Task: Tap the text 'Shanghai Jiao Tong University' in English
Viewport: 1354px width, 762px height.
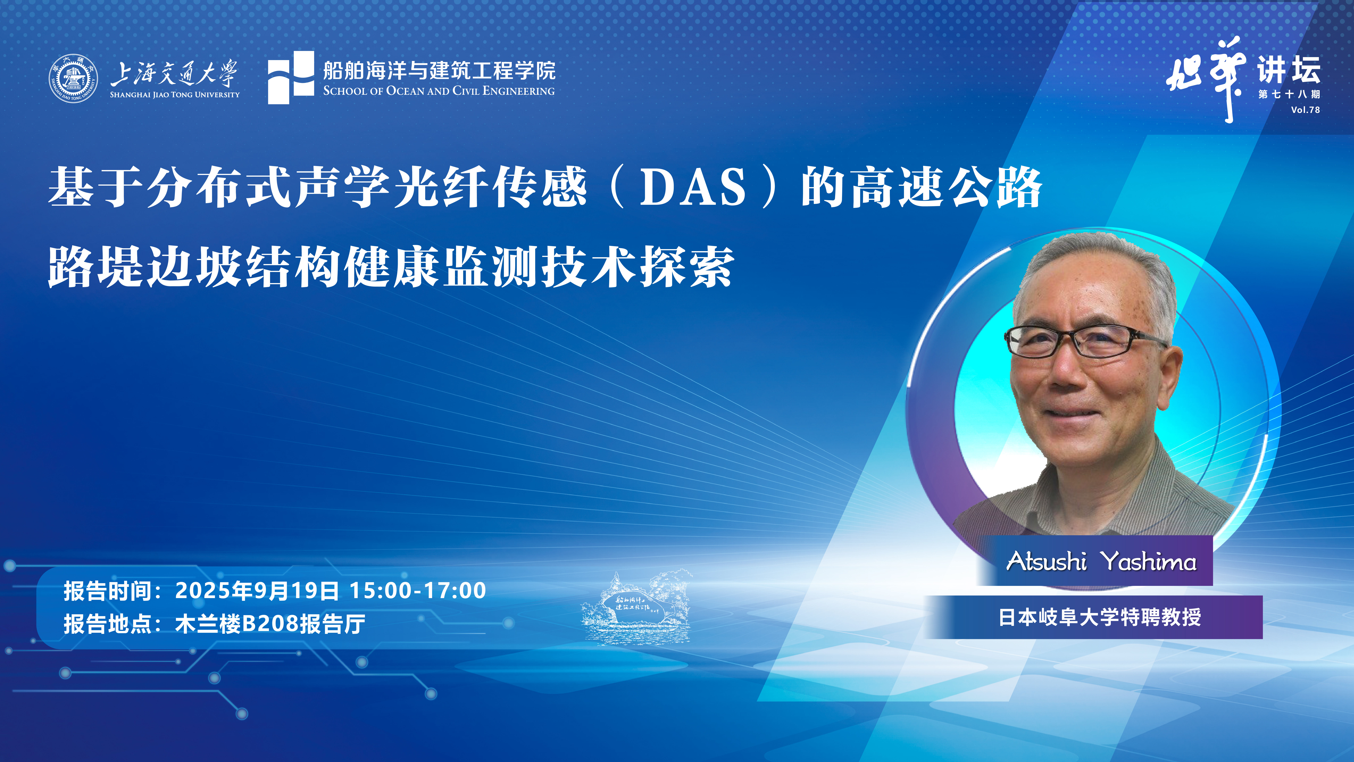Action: (x=175, y=95)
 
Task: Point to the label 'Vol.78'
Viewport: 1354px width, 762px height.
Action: (x=1305, y=110)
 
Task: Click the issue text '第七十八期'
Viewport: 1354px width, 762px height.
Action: (x=1289, y=94)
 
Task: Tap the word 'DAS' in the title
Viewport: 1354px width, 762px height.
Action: (x=693, y=187)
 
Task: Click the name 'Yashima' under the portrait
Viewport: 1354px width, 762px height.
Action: (x=1150, y=561)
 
